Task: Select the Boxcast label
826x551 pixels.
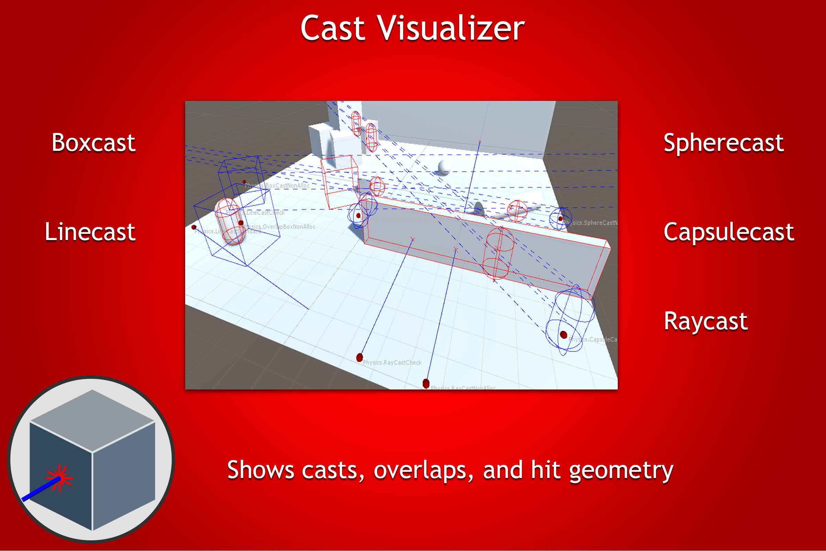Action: click(93, 143)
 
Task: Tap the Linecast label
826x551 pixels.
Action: click(90, 232)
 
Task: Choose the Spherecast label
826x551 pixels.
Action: click(723, 143)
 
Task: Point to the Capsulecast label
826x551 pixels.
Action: click(729, 232)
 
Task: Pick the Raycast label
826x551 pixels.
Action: click(706, 321)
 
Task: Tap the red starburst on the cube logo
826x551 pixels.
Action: click(60, 478)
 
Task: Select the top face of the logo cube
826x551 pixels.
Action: click(92, 419)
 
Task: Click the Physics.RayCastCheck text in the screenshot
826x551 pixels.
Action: click(392, 362)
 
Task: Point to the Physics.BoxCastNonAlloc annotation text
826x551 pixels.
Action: click(277, 186)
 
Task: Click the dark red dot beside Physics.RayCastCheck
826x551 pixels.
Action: click(360, 358)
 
